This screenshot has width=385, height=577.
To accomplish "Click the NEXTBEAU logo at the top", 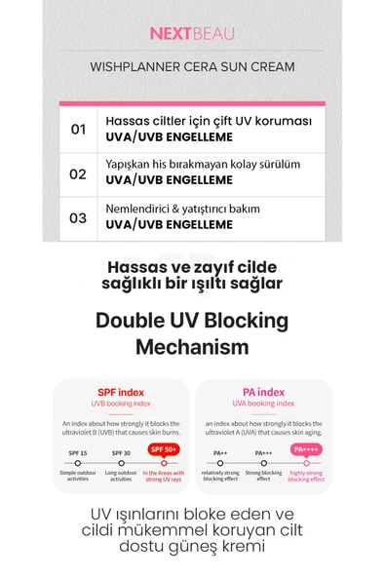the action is tap(192, 33).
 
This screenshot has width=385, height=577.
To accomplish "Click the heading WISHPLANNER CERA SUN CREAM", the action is tap(192, 67).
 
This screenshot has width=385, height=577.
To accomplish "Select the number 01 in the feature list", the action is tap(78, 129).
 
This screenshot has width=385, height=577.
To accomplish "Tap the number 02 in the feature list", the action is tap(78, 173).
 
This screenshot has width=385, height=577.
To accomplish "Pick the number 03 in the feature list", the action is tap(78, 218).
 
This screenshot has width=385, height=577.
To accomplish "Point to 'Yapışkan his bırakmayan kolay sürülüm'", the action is tap(203, 166).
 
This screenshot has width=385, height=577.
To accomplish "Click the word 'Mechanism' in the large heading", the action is tap(192, 347).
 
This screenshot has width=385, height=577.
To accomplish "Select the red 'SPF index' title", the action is tap(121, 392).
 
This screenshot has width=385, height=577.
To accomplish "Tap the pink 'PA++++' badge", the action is tap(306, 450).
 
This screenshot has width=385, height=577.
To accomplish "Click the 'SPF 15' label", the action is tap(77, 452).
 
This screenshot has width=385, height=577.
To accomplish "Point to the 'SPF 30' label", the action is tap(121, 452).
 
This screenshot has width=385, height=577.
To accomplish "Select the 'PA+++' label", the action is tap(263, 452).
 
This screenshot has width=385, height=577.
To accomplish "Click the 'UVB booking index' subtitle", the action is tap(121, 404).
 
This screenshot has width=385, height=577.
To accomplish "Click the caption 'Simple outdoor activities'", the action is tap(77, 475).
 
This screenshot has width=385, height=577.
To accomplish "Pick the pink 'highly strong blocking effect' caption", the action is tap(306, 476).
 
